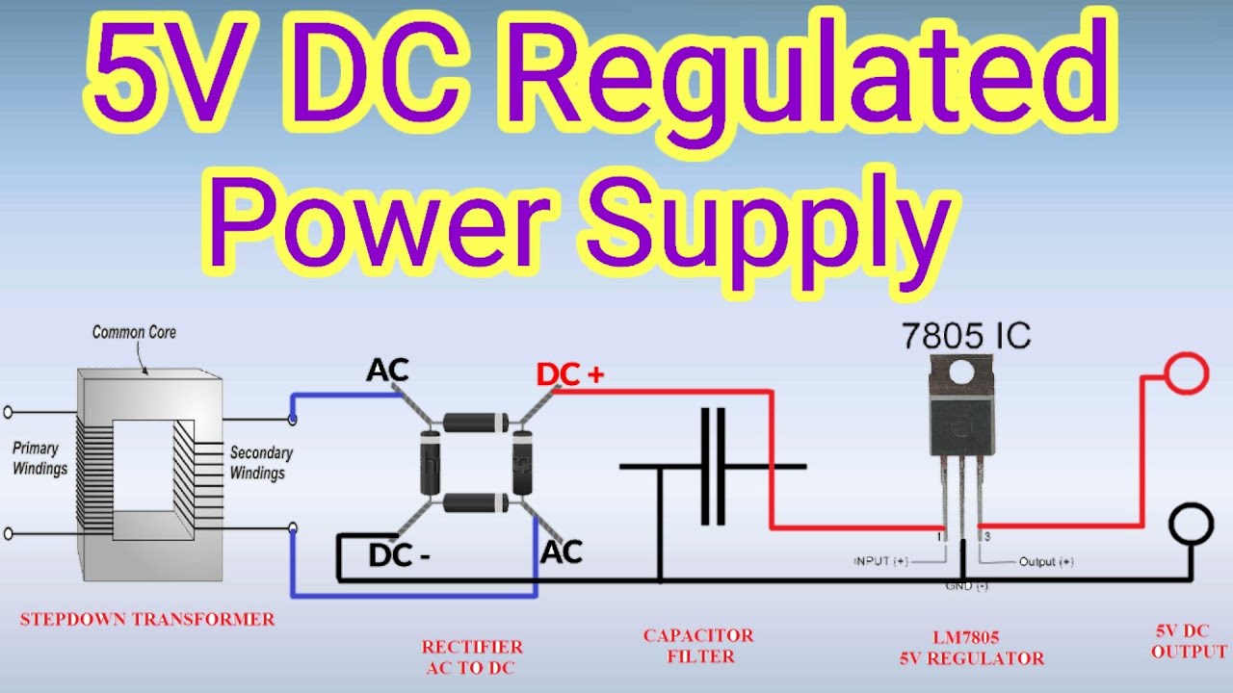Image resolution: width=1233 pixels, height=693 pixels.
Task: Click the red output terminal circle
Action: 1186,373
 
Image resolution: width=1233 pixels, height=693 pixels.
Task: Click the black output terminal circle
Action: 1190,525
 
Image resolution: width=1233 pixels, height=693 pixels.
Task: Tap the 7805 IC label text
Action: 966,335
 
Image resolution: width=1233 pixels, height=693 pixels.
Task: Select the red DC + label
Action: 570,375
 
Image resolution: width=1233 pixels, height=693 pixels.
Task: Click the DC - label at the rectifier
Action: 399,555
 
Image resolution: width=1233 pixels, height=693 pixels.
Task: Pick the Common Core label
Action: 134,332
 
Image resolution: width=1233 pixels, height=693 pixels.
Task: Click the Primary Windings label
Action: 39,458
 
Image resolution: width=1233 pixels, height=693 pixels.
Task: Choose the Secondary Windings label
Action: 261,462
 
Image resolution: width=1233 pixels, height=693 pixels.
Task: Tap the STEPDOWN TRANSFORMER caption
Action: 147,619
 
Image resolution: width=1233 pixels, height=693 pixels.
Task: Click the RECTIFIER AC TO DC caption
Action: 472,657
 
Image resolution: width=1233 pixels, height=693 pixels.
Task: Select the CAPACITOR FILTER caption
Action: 697,646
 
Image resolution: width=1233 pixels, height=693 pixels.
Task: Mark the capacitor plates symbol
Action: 713,467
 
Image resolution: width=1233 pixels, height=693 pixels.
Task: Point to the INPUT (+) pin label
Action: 882,560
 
